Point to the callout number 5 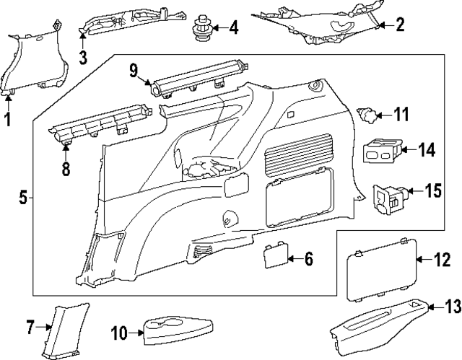22,197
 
